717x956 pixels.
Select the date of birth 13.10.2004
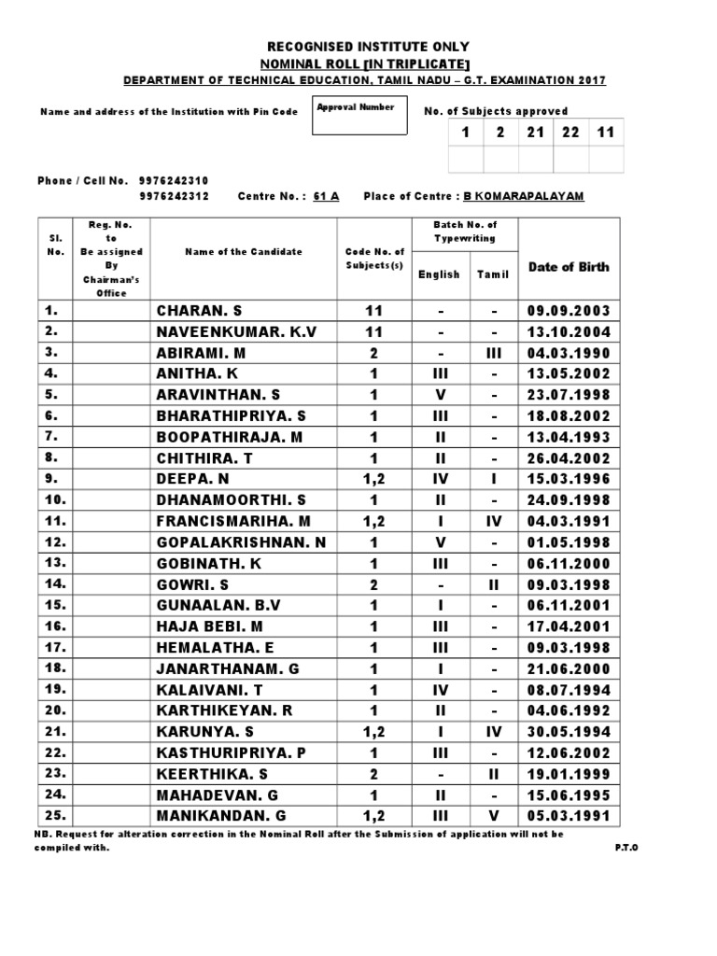[569, 331]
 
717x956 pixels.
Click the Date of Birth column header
[569, 266]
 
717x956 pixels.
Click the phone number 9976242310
[174, 181]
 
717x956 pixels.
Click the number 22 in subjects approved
[570, 133]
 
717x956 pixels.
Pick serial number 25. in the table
[55, 816]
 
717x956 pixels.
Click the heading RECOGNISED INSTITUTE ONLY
[369, 47]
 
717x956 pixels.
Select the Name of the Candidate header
[244, 252]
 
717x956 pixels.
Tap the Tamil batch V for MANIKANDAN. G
[494, 816]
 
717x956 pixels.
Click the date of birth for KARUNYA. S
[569, 732]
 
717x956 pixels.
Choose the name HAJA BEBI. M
[209, 626]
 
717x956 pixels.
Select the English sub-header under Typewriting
[439, 274]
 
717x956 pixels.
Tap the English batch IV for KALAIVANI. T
[439, 690]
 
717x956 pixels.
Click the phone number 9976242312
[174, 196]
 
